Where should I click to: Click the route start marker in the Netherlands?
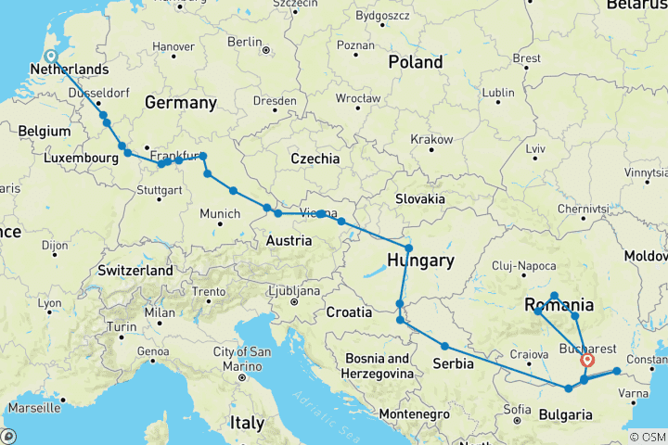coord(51,56)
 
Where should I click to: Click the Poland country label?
coord(416,62)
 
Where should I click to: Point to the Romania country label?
coord(559,305)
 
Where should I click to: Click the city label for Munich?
coord(221,214)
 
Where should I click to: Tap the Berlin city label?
coord(245,42)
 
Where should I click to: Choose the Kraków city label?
coord(432,138)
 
